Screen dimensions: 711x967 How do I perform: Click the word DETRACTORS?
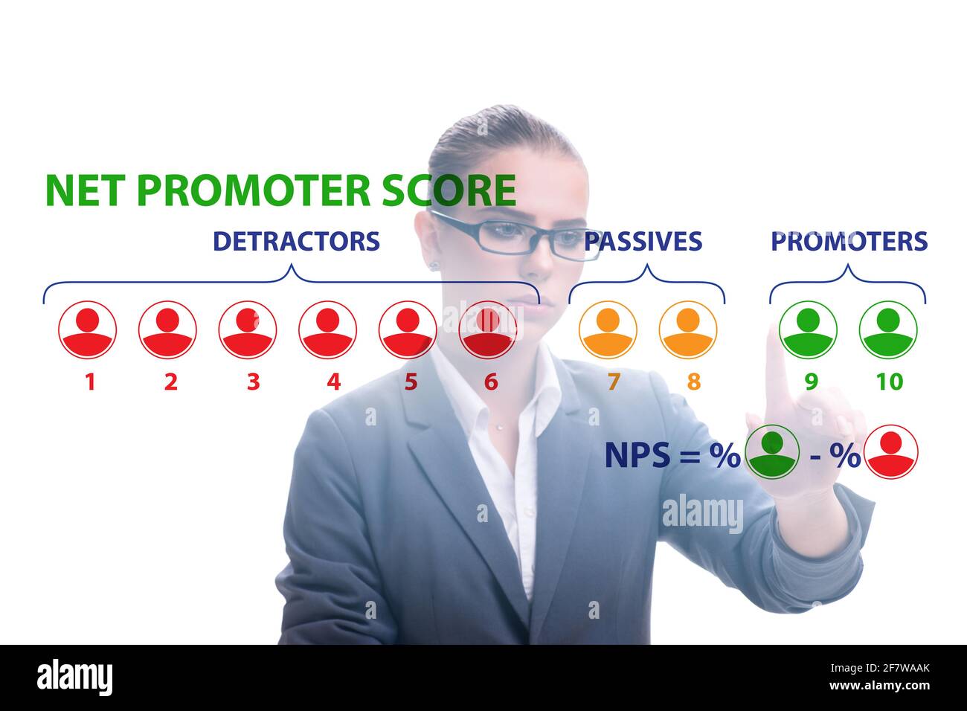[296, 241]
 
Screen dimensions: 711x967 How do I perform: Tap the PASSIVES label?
[643, 241]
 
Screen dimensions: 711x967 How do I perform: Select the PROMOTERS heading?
[849, 241]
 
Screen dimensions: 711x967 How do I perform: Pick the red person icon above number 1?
[88, 329]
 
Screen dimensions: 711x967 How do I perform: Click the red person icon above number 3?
[248, 329]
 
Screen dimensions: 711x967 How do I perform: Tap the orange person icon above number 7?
[608, 329]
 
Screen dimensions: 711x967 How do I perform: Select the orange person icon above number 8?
[688, 329]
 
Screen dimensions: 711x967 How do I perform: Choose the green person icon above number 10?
[888, 329]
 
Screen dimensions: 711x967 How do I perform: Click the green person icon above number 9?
[808, 329]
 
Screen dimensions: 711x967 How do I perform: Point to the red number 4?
[333, 382]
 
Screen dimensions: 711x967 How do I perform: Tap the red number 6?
[491, 382]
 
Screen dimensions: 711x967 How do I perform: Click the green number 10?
[889, 382]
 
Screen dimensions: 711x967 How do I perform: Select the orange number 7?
[613, 382]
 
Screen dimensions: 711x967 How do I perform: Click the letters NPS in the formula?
[637, 455]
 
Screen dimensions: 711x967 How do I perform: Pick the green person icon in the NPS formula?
[773, 452]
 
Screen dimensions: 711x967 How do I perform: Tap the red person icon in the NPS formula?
[891, 452]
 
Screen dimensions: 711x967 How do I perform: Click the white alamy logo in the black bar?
[75, 678]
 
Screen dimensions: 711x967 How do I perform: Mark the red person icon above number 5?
[407, 329]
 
